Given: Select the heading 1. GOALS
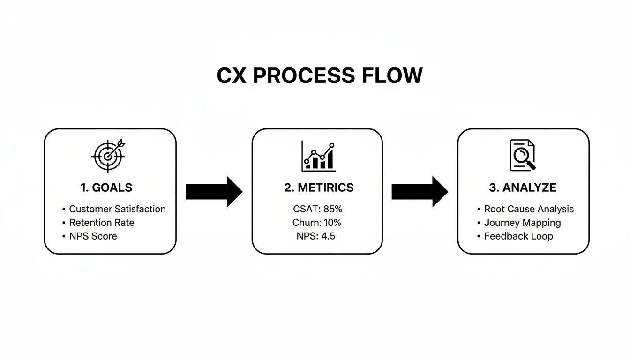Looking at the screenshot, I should point(106,188).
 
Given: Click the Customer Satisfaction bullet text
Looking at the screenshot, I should point(117,209).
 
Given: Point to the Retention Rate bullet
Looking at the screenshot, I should point(102,223).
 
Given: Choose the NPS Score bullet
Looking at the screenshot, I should point(93,236).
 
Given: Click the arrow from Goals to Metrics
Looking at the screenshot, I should point(214,192).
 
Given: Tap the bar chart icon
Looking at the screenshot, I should point(319,156).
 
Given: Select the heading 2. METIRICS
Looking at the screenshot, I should point(319,188).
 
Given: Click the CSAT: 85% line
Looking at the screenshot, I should point(317,209).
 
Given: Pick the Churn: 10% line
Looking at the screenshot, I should point(317,223).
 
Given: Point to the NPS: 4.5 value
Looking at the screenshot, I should point(316,236).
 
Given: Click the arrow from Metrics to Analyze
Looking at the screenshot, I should point(420,192).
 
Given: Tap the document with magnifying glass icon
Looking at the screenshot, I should point(522,156).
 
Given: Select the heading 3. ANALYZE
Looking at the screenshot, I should point(523,188).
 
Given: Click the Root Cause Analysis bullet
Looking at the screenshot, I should point(529,209).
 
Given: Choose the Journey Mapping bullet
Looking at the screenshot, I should point(522,223).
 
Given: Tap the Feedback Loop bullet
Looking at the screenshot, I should point(518,236).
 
